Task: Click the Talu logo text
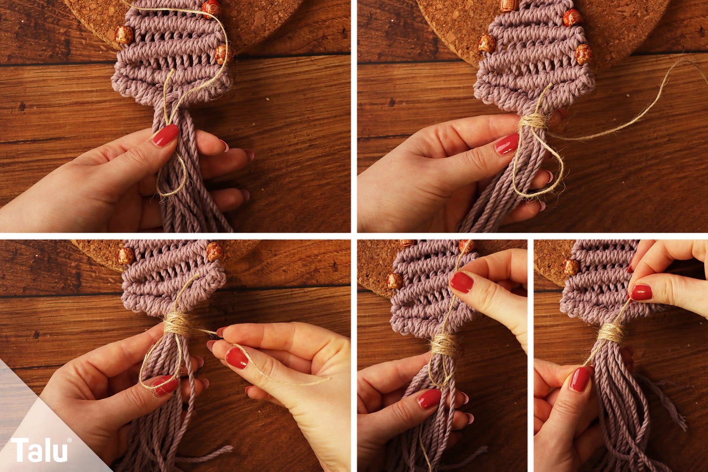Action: tap(39, 450)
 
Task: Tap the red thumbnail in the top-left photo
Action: tap(166, 135)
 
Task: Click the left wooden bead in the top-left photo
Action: tap(124, 35)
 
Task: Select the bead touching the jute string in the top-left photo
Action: tap(212, 7)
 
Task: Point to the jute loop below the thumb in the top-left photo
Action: tap(172, 175)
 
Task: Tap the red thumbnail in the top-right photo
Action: tap(507, 144)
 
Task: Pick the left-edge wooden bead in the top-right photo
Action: tap(487, 43)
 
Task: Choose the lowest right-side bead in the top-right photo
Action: tap(584, 54)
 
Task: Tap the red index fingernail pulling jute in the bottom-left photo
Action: tap(237, 358)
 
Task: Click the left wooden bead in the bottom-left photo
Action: tap(125, 256)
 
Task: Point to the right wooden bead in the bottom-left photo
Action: tap(215, 252)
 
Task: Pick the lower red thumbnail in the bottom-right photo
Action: tap(580, 379)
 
